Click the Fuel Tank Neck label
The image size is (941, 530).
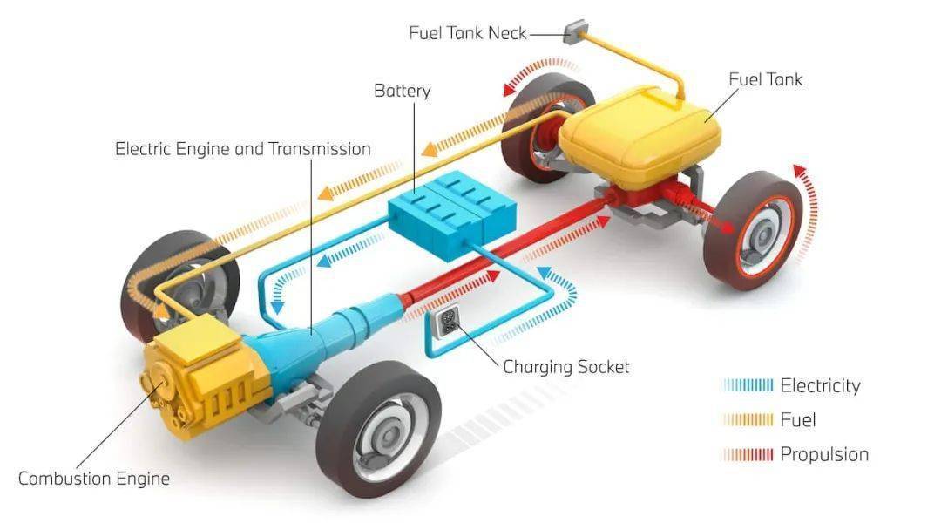[468, 32]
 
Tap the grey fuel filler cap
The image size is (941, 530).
[576, 31]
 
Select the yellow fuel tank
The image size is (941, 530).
[640, 136]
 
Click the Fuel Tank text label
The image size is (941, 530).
[765, 79]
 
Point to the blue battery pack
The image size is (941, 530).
[452, 213]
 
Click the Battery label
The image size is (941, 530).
[402, 91]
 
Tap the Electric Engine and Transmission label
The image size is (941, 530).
[243, 149]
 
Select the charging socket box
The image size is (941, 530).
[447, 323]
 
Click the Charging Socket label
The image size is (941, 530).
[566, 367]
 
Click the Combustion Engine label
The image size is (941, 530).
[94, 479]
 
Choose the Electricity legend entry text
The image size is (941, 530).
[820, 385]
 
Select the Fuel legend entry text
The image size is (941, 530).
[797, 419]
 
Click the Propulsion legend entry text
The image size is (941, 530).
[824, 454]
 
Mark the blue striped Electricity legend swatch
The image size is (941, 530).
[748, 385]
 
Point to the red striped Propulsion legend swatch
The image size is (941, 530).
[748, 455]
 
